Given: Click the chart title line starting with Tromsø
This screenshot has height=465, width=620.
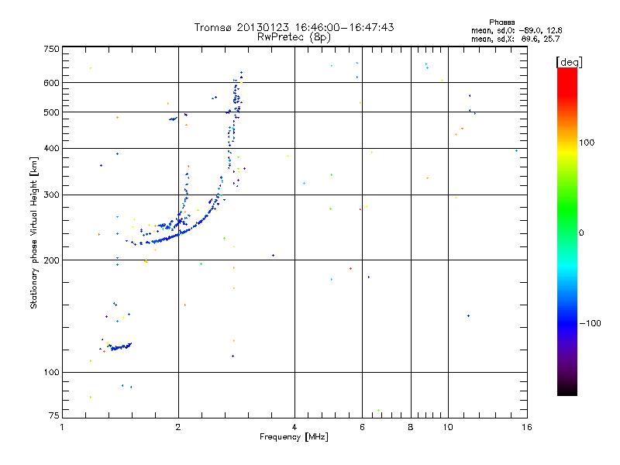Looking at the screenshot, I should (x=294, y=27).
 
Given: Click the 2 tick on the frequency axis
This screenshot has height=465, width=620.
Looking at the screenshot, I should (x=178, y=426).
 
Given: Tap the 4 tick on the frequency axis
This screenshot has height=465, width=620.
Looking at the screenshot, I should (x=294, y=426).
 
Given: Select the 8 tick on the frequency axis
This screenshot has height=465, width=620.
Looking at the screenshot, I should (x=411, y=426).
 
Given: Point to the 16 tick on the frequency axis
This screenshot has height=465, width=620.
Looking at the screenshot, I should (x=526, y=426).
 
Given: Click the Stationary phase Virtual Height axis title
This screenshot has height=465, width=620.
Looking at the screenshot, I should (x=34, y=232).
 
